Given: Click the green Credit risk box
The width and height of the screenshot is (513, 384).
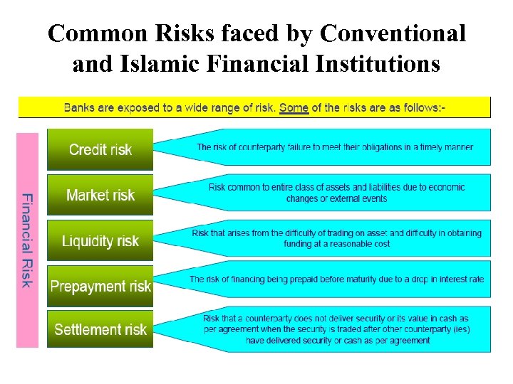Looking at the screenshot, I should pos(100,149).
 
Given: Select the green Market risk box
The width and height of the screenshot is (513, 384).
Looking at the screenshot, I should pos(100,195).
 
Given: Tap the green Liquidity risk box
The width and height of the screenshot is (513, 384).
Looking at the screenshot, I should pos(100,240).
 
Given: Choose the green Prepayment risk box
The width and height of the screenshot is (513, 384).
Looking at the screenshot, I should pos(100,286).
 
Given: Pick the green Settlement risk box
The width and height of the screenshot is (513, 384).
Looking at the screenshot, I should pos(100,329).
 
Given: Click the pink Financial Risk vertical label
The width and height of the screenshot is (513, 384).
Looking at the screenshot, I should pos(27,240).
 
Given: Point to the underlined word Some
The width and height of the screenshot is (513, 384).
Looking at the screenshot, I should pos(294,107).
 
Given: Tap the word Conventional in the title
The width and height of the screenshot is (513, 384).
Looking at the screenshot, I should pos(393,33).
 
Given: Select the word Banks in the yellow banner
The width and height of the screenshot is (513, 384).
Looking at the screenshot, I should pos(79,107).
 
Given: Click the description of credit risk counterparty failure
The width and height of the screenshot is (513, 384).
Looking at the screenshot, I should pos(334,148).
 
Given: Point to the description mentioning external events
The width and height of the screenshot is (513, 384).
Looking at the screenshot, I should pos(336,193).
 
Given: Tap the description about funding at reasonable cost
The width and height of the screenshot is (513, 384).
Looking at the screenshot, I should pos(336,238).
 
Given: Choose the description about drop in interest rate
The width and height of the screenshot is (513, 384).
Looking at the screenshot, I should pos(336,279).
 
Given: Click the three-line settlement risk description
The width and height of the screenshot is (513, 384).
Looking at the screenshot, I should pos(336,329).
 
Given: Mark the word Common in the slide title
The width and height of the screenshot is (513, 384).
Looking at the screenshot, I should pos(93,33).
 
